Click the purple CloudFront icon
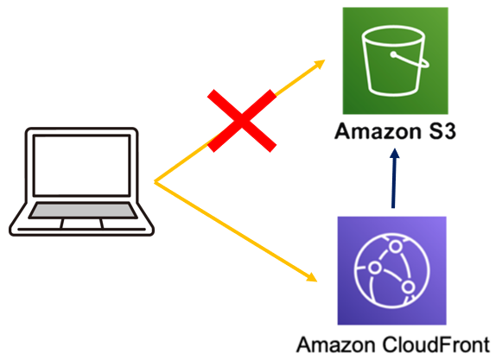pos(391,269)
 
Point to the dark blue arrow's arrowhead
pos(393,158)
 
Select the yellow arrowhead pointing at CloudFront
pos(310,279)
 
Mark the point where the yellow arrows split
pos(156,182)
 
